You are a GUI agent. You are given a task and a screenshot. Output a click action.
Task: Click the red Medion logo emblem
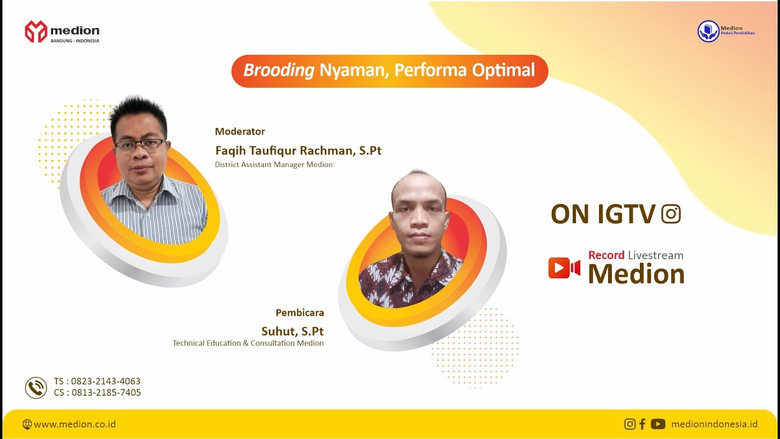(x=36, y=32)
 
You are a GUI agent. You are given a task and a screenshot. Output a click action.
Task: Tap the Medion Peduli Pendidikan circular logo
(x=708, y=31)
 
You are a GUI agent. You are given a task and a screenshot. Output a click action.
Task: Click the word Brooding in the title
(x=278, y=70)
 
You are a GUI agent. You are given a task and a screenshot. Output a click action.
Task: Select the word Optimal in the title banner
(x=503, y=70)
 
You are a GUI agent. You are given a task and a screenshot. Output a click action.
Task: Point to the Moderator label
(x=240, y=131)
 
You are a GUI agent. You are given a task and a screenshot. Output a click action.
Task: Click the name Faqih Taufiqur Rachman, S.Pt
(x=298, y=150)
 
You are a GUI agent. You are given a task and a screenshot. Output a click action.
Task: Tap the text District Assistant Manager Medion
(x=274, y=165)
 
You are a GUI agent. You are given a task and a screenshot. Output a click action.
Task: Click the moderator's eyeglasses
(x=140, y=145)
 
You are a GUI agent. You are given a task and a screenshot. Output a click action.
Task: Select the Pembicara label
(x=300, y=313)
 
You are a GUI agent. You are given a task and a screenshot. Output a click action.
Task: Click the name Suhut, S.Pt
(x=292, y=331)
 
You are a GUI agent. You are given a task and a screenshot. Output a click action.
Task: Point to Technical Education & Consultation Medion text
(x=248, y=343)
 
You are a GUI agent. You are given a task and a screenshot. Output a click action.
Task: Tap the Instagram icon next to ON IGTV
(x=670, y=214)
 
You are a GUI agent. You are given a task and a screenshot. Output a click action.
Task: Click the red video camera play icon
(x=564, y=268)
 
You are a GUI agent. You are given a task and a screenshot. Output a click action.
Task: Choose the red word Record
(x=606, y=255)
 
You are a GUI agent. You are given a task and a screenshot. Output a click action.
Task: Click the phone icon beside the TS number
(x=36, y=387)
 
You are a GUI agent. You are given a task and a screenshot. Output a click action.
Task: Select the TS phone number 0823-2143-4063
(x=106, y=382)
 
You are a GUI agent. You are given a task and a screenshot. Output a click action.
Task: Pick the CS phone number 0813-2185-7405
(x=106, y=393)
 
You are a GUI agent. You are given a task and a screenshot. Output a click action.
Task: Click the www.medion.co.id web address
(x=75, y=424)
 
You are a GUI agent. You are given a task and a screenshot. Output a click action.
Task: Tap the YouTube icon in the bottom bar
(x=658, y=424)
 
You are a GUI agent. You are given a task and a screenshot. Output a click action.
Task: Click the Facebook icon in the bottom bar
(x=642, y=424)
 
